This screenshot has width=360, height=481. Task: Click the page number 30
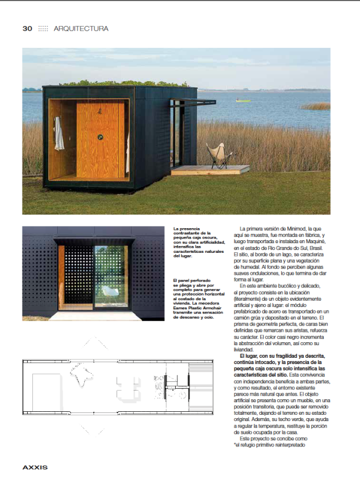[x=27, y=28]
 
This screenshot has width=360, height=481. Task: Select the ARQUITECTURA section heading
[x=81, y=28]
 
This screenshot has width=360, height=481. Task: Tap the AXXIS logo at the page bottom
[x=35, y=467]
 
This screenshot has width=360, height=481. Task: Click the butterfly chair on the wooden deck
[x=219, y=157]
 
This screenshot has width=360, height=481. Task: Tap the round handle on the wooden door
[x=100, y=137]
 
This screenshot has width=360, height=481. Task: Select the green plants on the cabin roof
[x=104, y=84]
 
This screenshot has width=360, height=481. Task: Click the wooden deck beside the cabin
[x=210, y=169]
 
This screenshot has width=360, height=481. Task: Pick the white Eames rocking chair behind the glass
[x=108, y=293]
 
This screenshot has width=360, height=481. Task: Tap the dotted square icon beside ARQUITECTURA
[x=43, y=28]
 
